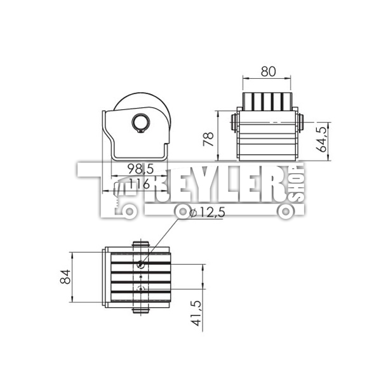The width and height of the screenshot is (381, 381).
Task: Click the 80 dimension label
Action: pos(268,71)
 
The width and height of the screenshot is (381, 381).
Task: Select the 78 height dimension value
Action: pos(208,139)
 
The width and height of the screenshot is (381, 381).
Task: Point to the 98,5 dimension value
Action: pos(141,169)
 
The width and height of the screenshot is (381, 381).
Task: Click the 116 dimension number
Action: pos(139,184)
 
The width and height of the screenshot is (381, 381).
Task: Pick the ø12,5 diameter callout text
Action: pos(208,213)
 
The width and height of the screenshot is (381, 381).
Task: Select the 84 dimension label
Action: pos(65,277)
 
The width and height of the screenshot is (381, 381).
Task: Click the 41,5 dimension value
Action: pos(196,314)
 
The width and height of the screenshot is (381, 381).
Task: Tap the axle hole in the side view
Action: pos(141,122)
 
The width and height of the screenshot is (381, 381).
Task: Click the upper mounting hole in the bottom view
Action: pos(140,264)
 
